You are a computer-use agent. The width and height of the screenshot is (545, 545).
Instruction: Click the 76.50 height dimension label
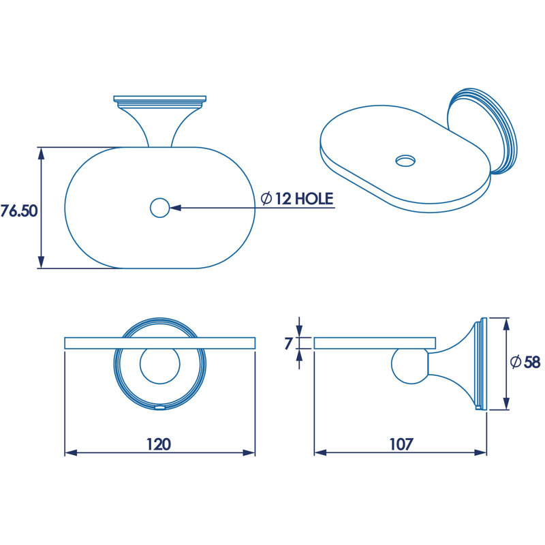click(19, 211)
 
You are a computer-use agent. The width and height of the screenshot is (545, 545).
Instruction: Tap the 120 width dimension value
click(159, 444)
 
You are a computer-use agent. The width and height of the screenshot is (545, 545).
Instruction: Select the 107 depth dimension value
click(401, 444)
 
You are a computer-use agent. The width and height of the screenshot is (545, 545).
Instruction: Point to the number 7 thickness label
click(288, 343)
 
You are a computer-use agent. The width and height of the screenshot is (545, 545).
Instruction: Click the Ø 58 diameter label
click(525, 362)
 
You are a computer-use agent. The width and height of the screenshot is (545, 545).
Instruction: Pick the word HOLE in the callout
click(314, 199)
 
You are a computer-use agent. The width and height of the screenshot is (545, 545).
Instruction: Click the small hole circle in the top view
click(160, 208)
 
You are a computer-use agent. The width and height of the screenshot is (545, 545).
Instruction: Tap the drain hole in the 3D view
click(405, 161)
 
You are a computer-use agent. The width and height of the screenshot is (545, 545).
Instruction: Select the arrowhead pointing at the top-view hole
click(175, 208)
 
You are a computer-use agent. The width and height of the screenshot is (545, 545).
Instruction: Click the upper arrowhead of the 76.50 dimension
click(41, 154)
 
